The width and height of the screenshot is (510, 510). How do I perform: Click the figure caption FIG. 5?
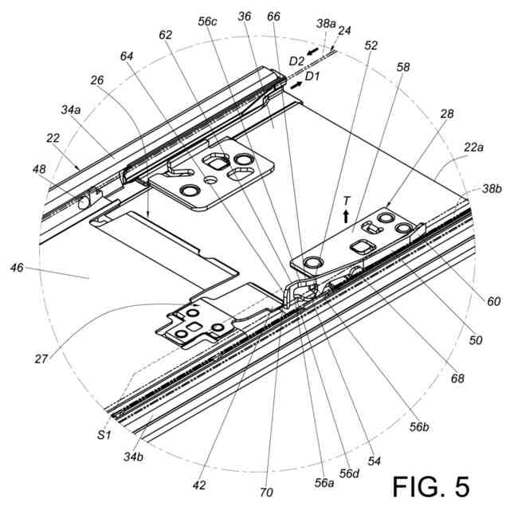(431, 484)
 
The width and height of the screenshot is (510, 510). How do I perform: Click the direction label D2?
(296, 61)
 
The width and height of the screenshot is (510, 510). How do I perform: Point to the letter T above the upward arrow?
(345, 199)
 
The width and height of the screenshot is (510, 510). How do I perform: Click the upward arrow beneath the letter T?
(345, 215)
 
